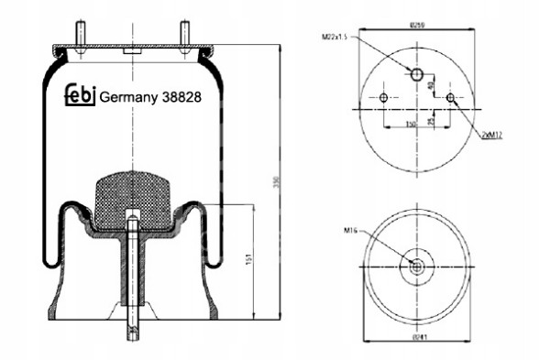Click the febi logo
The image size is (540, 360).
coord(79,95)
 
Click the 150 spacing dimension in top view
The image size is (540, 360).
coord(410,124)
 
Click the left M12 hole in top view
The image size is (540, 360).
coord(383,97)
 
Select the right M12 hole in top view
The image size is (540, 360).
coord(450,97)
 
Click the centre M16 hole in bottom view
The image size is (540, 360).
coord(416,267)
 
